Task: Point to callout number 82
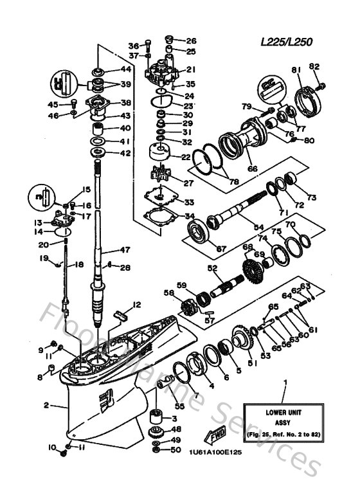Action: point(314,66)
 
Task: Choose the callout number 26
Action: point(192,39)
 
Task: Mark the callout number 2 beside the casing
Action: point(46,405)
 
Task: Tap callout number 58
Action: point(169,293)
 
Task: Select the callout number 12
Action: point(136,304)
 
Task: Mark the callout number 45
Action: point(54,105)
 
